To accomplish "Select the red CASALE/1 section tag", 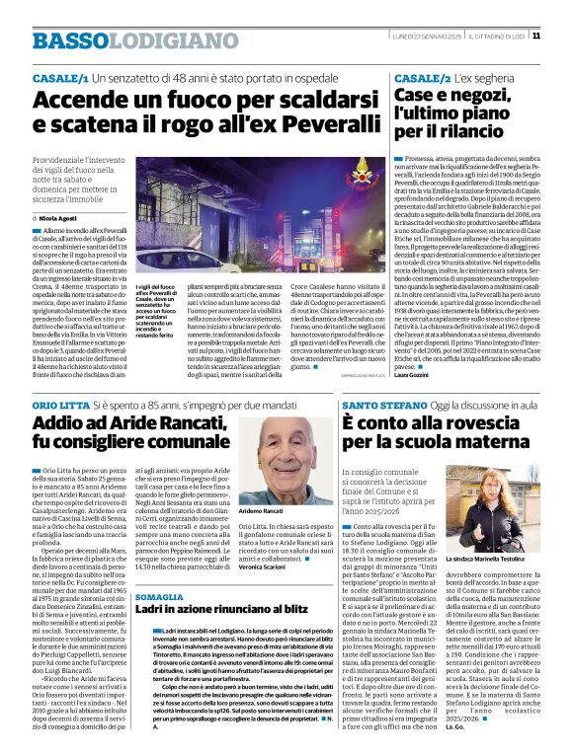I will click(x=60, y=78).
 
